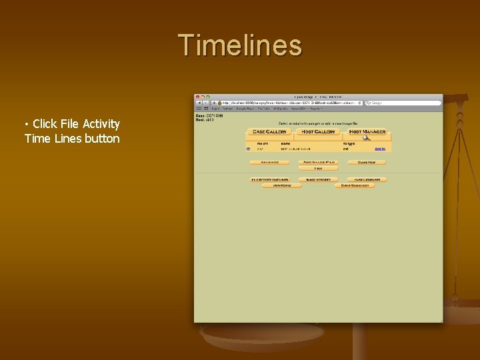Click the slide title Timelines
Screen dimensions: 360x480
tap(240, 45)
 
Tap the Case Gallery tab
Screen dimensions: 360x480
tap(269, 131)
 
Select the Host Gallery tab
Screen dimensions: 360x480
tap(318, 131)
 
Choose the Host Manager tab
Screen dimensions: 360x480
tap(367, 131)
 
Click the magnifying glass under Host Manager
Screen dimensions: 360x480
tap(366, 138)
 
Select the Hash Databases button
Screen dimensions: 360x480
tap(367, 179)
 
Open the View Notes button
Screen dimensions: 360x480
tap(281, 186)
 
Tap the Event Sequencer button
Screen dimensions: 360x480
tap(355, 186)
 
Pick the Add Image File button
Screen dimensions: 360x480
tap(318, 162)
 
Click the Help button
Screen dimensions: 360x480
tap(318, 169)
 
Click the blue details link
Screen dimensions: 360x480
tap(379, 149)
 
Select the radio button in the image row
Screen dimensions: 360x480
tap(249, 149)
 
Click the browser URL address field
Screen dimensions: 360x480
tap(290, 103)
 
